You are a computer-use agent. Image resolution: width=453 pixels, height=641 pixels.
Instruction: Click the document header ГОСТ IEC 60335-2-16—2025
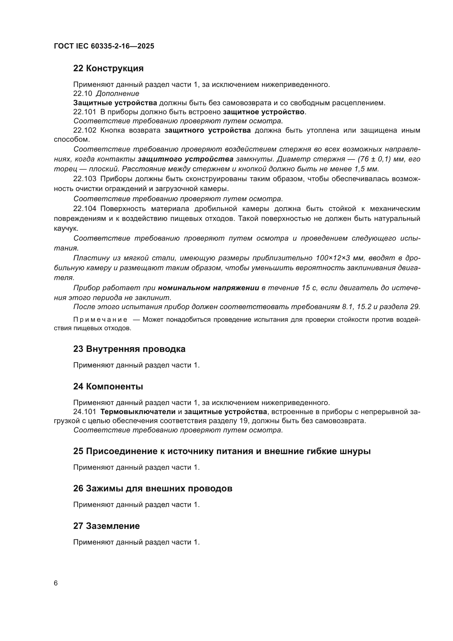(x=104, y=46)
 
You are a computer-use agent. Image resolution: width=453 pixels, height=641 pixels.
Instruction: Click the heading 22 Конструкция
(x=108, y=69)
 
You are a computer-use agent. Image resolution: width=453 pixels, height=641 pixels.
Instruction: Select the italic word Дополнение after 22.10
(x=117, y=93)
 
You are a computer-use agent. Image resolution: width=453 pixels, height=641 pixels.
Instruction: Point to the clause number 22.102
(x=85, y=130)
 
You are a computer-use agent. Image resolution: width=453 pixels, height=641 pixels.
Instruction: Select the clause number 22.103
(x=85, y=179)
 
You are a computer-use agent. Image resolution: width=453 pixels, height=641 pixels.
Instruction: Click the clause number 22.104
(x=85, y=209)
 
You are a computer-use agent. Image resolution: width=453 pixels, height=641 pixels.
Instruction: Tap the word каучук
(x=65, y=228)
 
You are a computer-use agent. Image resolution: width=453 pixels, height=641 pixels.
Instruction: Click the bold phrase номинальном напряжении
(x=208, y=288)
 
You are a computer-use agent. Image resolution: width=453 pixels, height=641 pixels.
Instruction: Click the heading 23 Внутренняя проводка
(x=129, y=349)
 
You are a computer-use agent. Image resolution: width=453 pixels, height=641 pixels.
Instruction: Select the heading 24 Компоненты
(x=108, y=386)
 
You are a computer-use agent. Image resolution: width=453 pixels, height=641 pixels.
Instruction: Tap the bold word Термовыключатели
(x=138, y=412)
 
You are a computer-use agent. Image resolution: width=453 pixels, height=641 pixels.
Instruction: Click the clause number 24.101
(x=85, y=412)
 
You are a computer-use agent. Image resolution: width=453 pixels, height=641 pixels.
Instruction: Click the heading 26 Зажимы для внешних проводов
(x=153, y=488)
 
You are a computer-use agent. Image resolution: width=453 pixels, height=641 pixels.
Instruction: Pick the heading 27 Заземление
(x=106, y=526)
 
